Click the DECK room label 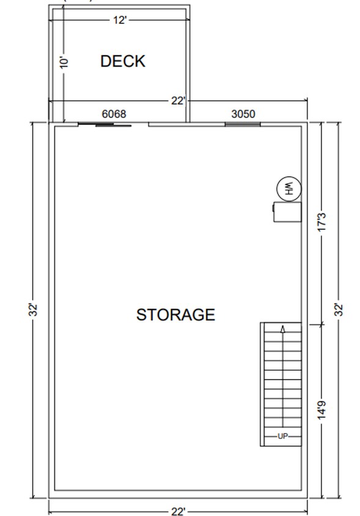[x=122, y=61]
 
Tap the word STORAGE [x=175, y=315]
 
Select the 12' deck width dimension [x=119, y=20]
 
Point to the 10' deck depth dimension [x=64, y=62]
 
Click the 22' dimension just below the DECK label [x=177, y=101]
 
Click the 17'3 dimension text [x=323, y=222]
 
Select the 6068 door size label [x=114, y=114]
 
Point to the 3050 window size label [x=243, y=114]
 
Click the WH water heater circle [x=288, y=188]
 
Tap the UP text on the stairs [x=282, y=436]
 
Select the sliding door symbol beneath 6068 [x=105, y=125]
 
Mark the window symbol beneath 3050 [x=243, y=124]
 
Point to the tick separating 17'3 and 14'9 [x=323, y=324]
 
